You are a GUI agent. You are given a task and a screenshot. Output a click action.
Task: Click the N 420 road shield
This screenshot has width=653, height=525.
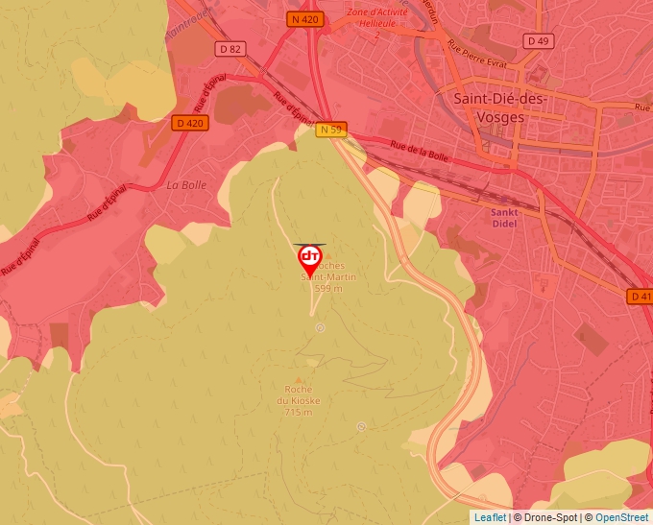(304, 18)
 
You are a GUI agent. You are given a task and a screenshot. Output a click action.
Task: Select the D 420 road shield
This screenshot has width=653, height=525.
(191, 123)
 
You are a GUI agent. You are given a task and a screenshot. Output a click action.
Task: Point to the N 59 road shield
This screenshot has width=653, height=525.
(331, 130)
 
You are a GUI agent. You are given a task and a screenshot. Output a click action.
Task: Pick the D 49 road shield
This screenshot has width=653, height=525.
(540, 40)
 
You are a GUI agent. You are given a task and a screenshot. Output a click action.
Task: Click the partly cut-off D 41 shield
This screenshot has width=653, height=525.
(641, 297)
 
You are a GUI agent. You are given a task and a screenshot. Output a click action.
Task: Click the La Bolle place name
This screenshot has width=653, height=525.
(186, 185)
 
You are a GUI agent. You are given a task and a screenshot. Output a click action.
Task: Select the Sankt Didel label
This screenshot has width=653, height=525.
(505, 218)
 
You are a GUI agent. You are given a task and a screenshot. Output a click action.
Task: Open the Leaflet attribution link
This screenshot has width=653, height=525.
(490, 517)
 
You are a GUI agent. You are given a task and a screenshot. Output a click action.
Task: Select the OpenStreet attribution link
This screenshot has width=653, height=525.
(621, 517)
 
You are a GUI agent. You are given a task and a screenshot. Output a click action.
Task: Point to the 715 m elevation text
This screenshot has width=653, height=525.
(299, 412)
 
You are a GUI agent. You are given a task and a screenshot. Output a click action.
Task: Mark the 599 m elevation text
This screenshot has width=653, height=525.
(328, 288)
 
